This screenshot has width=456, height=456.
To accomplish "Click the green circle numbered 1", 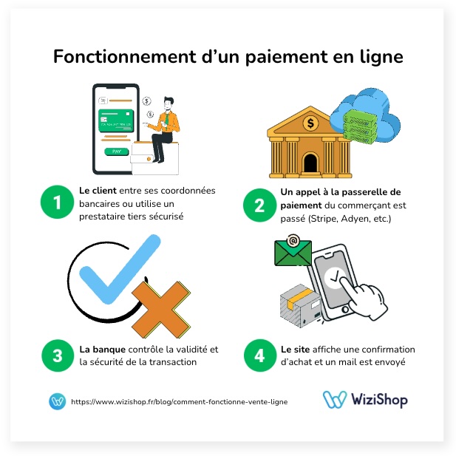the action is click(x=58, y=202).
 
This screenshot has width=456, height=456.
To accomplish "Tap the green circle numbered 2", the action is click(x=259, y=205).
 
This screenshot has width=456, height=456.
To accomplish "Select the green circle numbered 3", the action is click(x=58, y=355).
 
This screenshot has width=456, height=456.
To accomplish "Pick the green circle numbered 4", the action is click(x=260, y=355).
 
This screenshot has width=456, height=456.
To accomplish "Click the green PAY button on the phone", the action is click(x=116, y=152).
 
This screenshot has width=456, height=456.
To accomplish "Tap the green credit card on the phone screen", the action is click(x=116, y=120).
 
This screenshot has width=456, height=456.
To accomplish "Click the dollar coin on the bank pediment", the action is click(x=310, y=123).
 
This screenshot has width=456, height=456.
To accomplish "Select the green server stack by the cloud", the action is click(x=360, y=127).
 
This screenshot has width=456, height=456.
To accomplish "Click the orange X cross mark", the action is click(x=161, y=309).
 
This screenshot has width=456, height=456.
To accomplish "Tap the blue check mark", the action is click(x=120, y=270).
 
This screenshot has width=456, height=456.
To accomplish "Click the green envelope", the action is click(x=293, y=253).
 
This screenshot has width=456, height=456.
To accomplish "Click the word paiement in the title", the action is click(x=287, y=56).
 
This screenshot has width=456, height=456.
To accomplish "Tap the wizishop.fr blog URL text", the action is click(x=179, y=401).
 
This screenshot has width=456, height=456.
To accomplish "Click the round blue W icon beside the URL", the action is click(x=58, y=401).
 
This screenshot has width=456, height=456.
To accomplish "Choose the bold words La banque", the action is click(x=103, y=349).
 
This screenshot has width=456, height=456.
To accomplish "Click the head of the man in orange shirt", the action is click(x=169, y=103).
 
